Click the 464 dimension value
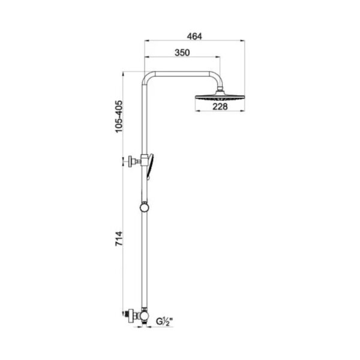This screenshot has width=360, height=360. tap(194, 37)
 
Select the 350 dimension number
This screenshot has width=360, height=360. tap(182, 53)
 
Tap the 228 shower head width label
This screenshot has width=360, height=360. tap(220, 107)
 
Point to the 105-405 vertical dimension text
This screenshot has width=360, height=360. tap(119, 116)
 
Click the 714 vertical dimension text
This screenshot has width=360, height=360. tap(119, 239)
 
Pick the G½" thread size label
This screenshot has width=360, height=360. tap(164, 322)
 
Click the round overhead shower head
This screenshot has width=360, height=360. tap(220, 97)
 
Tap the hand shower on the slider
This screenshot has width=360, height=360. tap(150, 166)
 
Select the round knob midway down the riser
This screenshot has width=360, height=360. tap(144, 208)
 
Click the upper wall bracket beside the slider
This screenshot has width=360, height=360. tap(132, 161)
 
